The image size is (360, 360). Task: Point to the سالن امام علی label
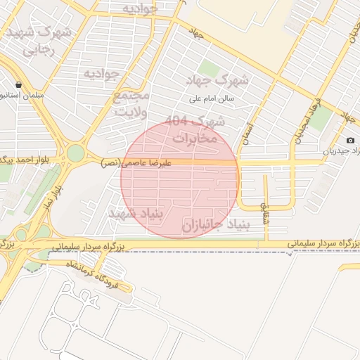point(220,99)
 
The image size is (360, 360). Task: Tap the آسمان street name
point(245,131)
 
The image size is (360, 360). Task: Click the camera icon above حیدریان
point(351,141)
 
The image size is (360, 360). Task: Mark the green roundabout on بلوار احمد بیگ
point(76,153)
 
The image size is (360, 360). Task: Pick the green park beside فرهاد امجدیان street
point(320,121)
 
